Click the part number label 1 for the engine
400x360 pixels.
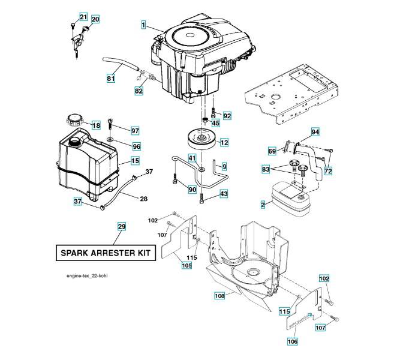[144, 25]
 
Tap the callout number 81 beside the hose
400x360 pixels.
[111, 78]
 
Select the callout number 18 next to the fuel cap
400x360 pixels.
[96, 125]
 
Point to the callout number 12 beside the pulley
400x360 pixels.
[224, 143]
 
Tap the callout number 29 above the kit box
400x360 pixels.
[122, 227]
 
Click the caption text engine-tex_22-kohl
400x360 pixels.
[90, 276]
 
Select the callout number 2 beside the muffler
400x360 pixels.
[263, 205]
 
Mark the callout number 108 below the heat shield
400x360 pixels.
[219, 295]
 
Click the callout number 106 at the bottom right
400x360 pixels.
[293, 341]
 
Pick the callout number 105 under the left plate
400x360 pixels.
[187, 265]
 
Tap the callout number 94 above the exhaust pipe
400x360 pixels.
[315, 131]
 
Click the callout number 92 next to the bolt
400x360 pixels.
[227, 115]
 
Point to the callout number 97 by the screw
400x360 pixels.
[135, 131]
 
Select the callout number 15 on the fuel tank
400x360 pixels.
[135, 161]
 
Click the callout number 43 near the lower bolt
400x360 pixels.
[224, 194]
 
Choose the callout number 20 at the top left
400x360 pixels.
[95, 19]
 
